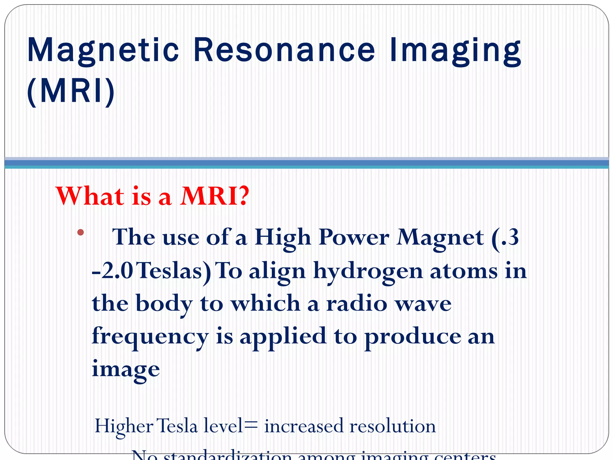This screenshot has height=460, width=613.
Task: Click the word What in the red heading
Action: (x=90, y=196)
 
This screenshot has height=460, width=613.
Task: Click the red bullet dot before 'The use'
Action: (x=80, y=232)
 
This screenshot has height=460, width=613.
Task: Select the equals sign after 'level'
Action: (x=251, y=426)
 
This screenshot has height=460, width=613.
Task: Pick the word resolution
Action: (x=392, y=426)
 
